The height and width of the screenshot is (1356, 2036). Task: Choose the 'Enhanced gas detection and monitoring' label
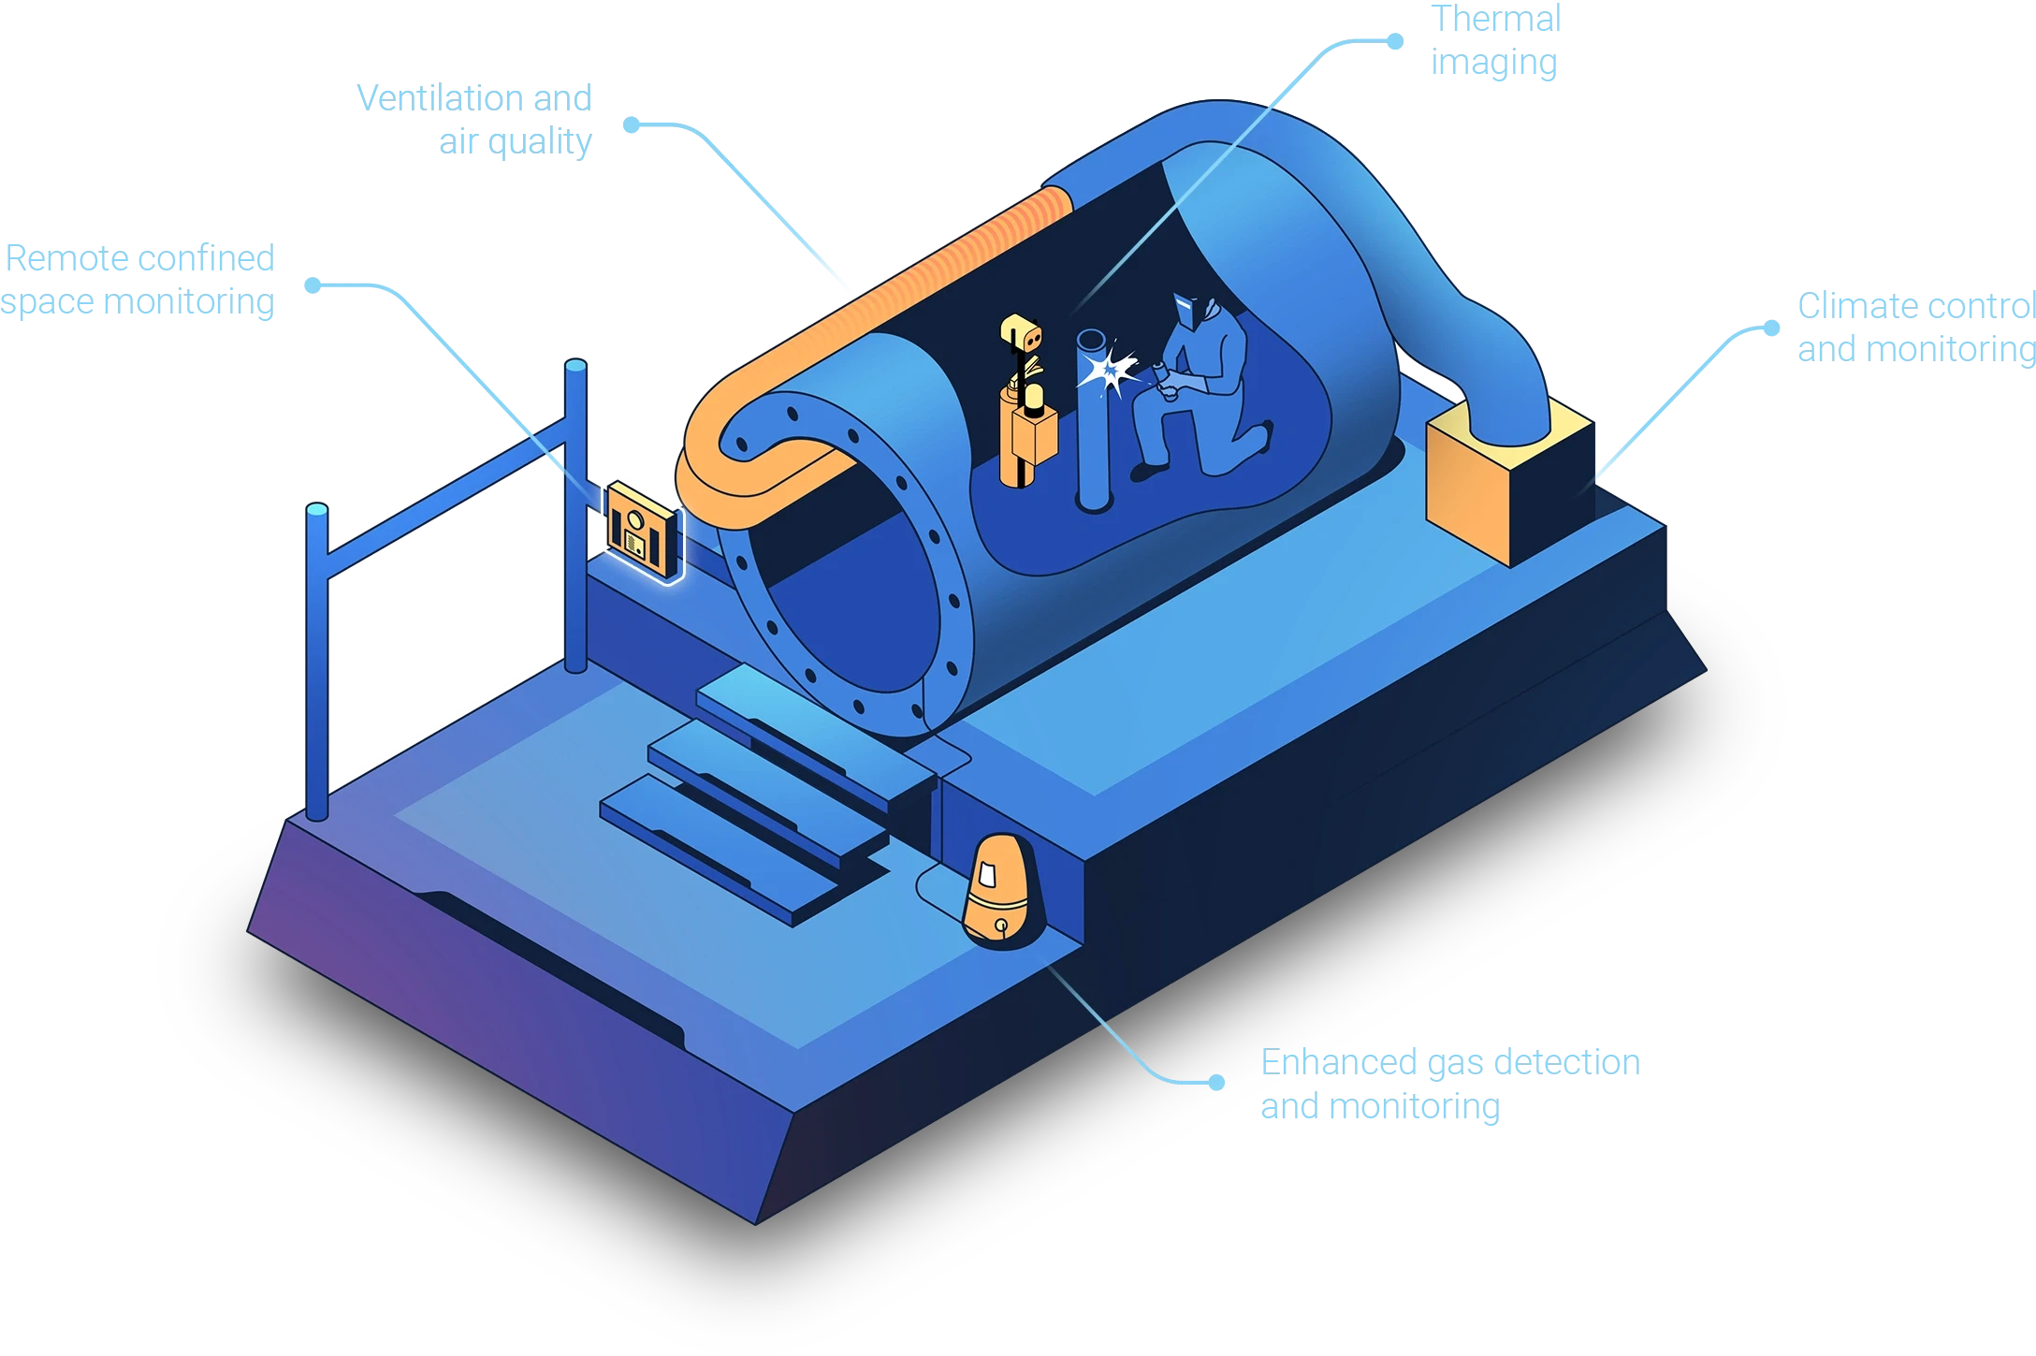[1448, 1084]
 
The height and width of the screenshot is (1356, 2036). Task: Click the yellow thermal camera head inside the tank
[1022, 332]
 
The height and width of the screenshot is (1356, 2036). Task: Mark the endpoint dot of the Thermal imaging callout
[1396, 41]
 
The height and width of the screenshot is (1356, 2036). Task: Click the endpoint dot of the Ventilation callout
[633, 124]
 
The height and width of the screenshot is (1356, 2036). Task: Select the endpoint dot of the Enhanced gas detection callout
[1216, 1083]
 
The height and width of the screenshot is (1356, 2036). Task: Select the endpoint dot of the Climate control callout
[1768, 326]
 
